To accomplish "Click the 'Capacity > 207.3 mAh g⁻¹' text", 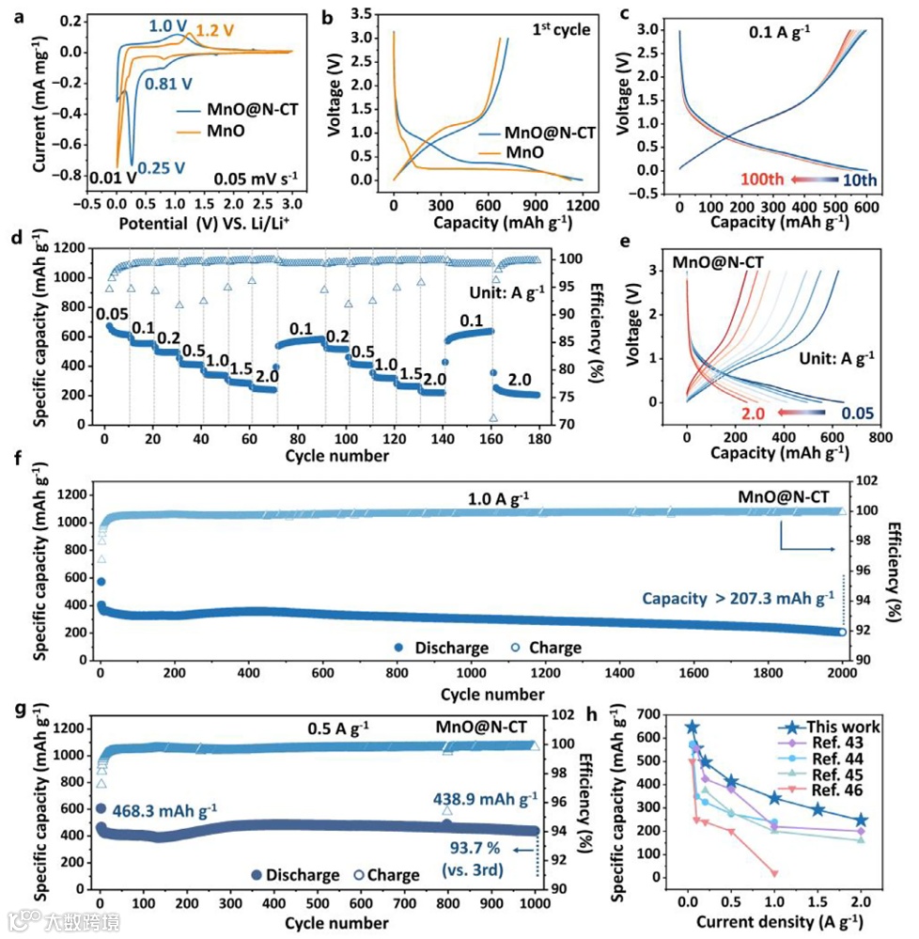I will click(738, 596).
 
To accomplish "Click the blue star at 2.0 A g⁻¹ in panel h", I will click(861, 820).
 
